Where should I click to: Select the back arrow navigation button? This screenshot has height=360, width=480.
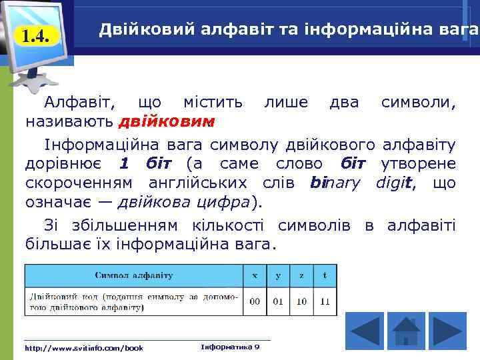coord(363,331)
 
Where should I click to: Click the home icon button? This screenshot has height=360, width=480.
coord(405,331)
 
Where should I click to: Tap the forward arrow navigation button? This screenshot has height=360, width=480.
coord(447,331)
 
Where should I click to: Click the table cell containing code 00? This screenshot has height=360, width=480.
coord(255,301)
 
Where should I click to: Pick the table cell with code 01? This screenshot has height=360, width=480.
coord(279,301)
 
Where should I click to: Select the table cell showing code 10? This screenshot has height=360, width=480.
coord(302,301)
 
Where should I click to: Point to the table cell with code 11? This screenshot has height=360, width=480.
coord(325,301)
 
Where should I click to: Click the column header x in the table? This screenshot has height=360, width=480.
coord(255,275)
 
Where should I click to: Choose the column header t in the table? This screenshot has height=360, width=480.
coord(325,275)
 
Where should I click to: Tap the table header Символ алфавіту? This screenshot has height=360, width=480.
coord(134,275)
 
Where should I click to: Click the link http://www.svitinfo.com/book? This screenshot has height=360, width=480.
coord(83,347)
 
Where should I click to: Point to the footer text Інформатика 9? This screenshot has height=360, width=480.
coord(229,347)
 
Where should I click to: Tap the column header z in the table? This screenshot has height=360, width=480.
coord(302,275)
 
